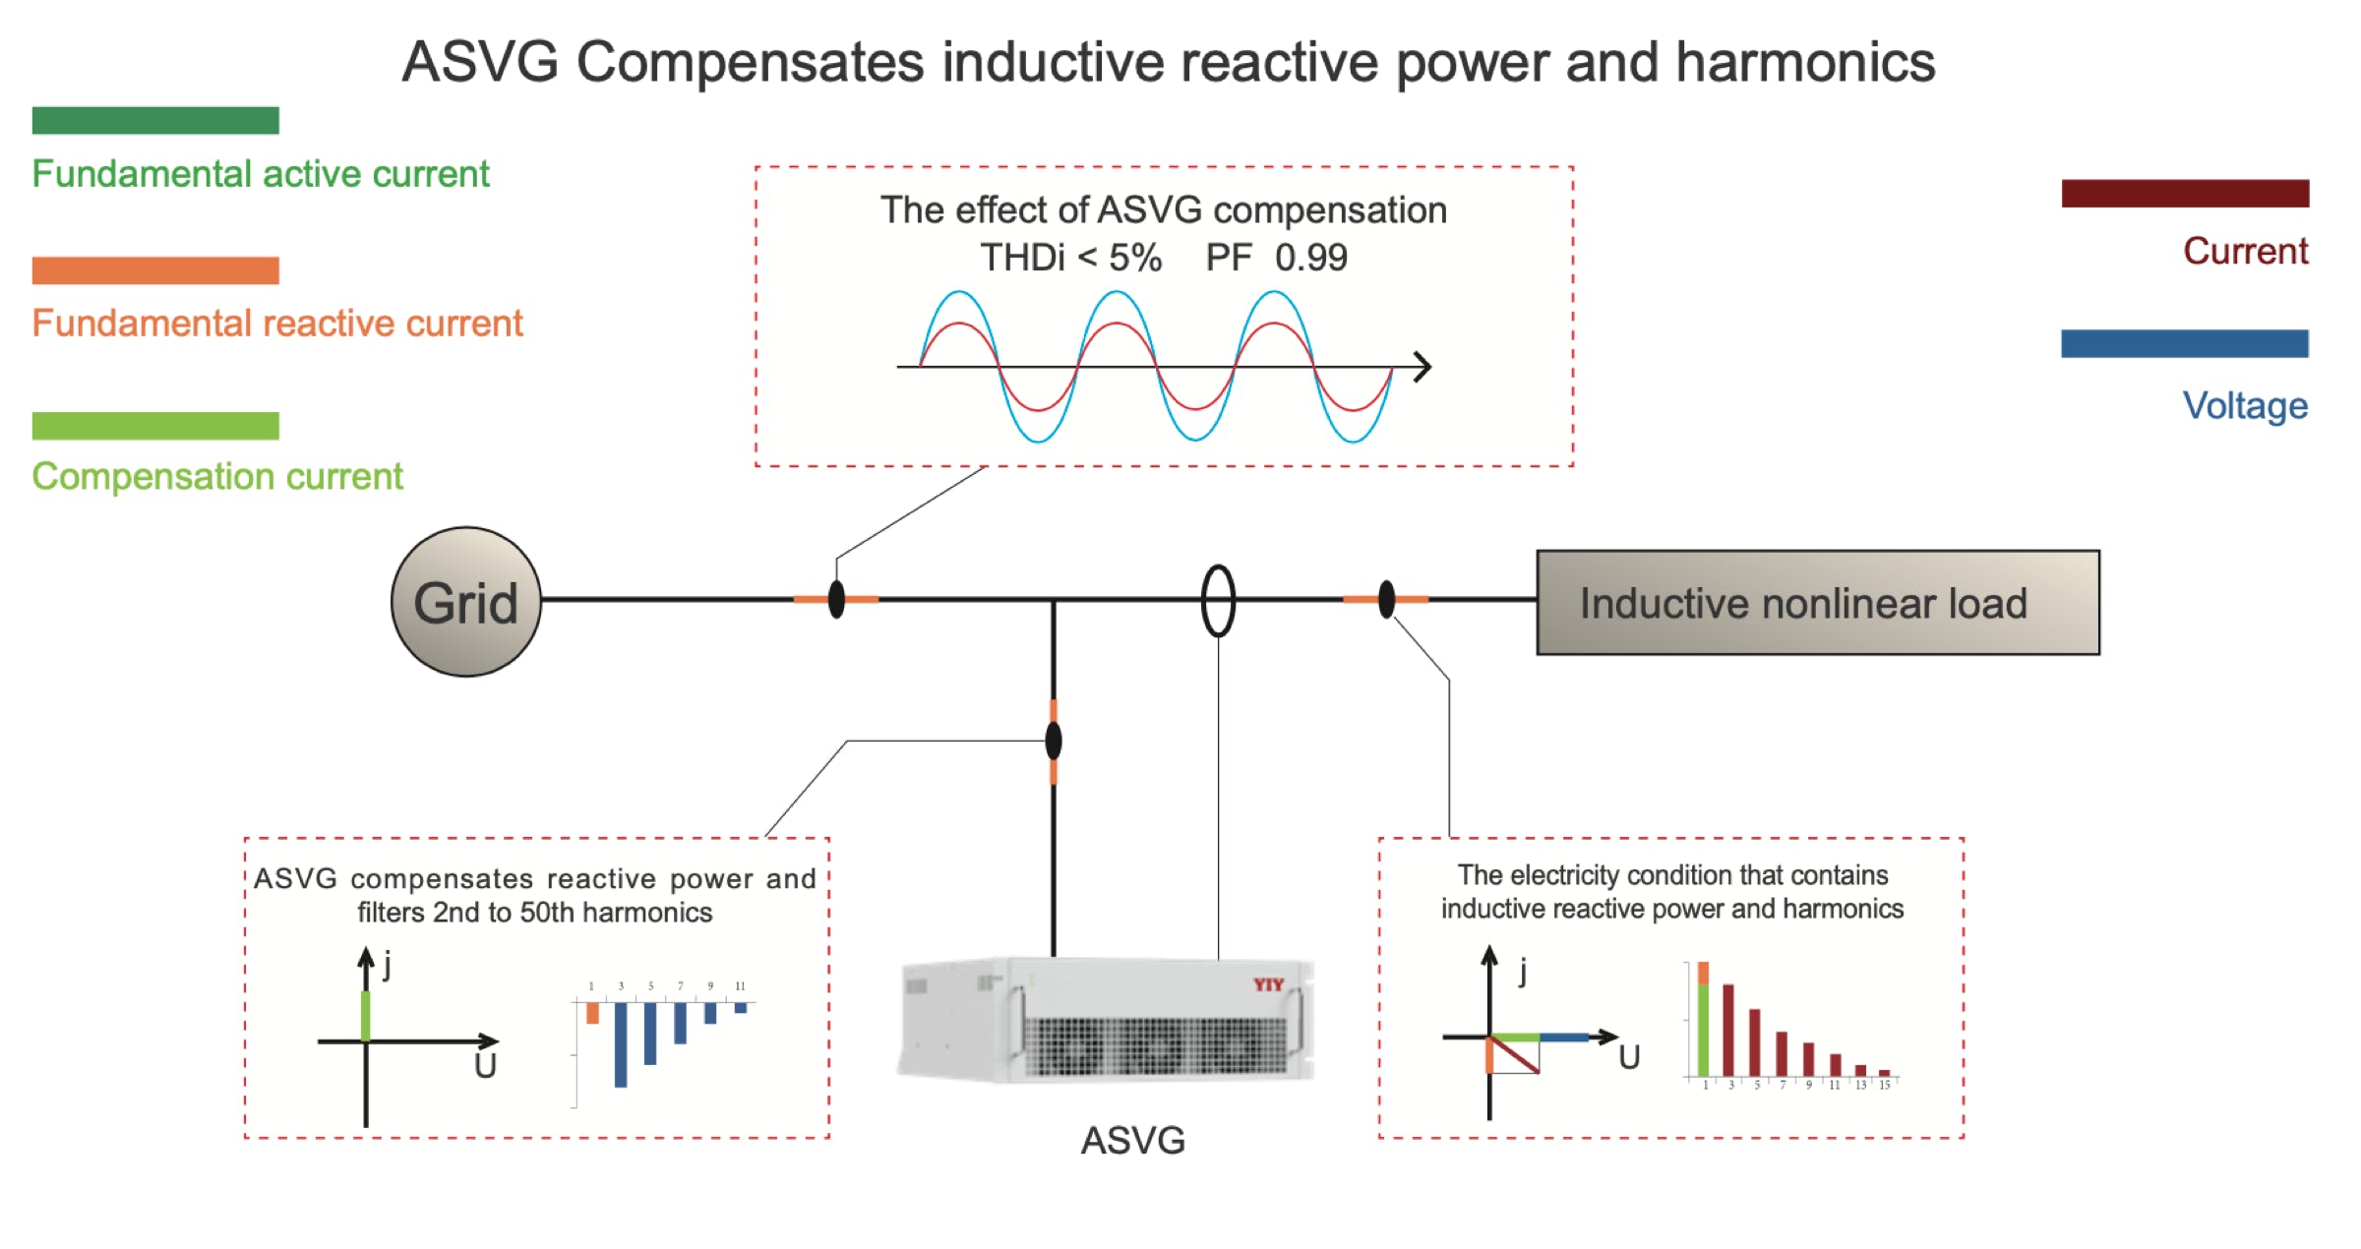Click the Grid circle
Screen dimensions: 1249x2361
(465, 602)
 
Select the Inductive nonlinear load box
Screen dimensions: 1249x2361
(1817, 603)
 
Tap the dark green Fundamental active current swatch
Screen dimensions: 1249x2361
(155, 120)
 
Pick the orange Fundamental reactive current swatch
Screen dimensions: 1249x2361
(155, 270)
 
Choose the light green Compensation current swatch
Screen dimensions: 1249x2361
(155, 426)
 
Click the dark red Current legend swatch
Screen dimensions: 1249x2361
(2184, 193)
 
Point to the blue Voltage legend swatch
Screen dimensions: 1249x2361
(2184, 343)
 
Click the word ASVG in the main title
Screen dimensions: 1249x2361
(480, 62)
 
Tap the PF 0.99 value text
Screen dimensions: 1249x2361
(1276, 258)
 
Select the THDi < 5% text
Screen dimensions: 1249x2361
(1070, 258)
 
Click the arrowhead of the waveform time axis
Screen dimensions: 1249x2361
(1423, 367)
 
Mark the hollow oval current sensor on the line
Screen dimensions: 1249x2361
(1218, 600)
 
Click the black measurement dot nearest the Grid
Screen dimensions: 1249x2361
(836, 599)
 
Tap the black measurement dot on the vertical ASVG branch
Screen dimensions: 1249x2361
(1054, 741)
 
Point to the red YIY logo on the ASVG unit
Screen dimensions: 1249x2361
(1268, 983)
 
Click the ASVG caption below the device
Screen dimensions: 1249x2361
(1132, 1141)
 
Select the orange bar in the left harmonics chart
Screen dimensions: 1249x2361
(592, 1013)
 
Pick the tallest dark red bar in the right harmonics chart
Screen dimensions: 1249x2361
(1727, 1029)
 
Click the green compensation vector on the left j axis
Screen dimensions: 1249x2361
(366, 1015)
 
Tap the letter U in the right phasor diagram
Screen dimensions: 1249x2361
(1629, 1057)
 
